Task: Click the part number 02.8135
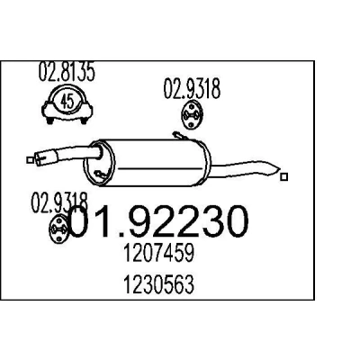(x=67, y=71)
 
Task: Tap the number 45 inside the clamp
(x=67, y=102)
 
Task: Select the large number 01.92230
(x=158, y=222)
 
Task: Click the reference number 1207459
(x=159, y=252)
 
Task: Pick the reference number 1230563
(x=158, y=284)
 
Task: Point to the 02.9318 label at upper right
(x=192, y=88)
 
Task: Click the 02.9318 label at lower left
(x=59, y=203)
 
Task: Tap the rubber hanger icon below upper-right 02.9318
(x=192, y=115)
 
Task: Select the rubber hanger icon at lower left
(x=59, y=229)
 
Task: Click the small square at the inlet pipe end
(x=30, y=160)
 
